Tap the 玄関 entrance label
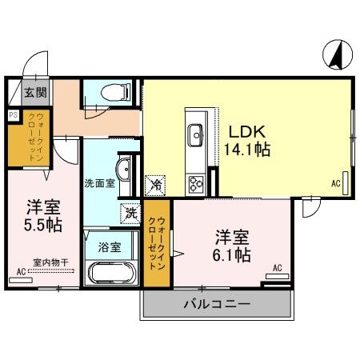click(35, 93)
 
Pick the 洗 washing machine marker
click(130, 214)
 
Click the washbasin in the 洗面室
click(124, 170)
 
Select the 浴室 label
click(109, 246)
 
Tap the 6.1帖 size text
click(231, 255)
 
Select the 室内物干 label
click(51, 261)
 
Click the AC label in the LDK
click(335, 183)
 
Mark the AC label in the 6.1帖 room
click(277, 268)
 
